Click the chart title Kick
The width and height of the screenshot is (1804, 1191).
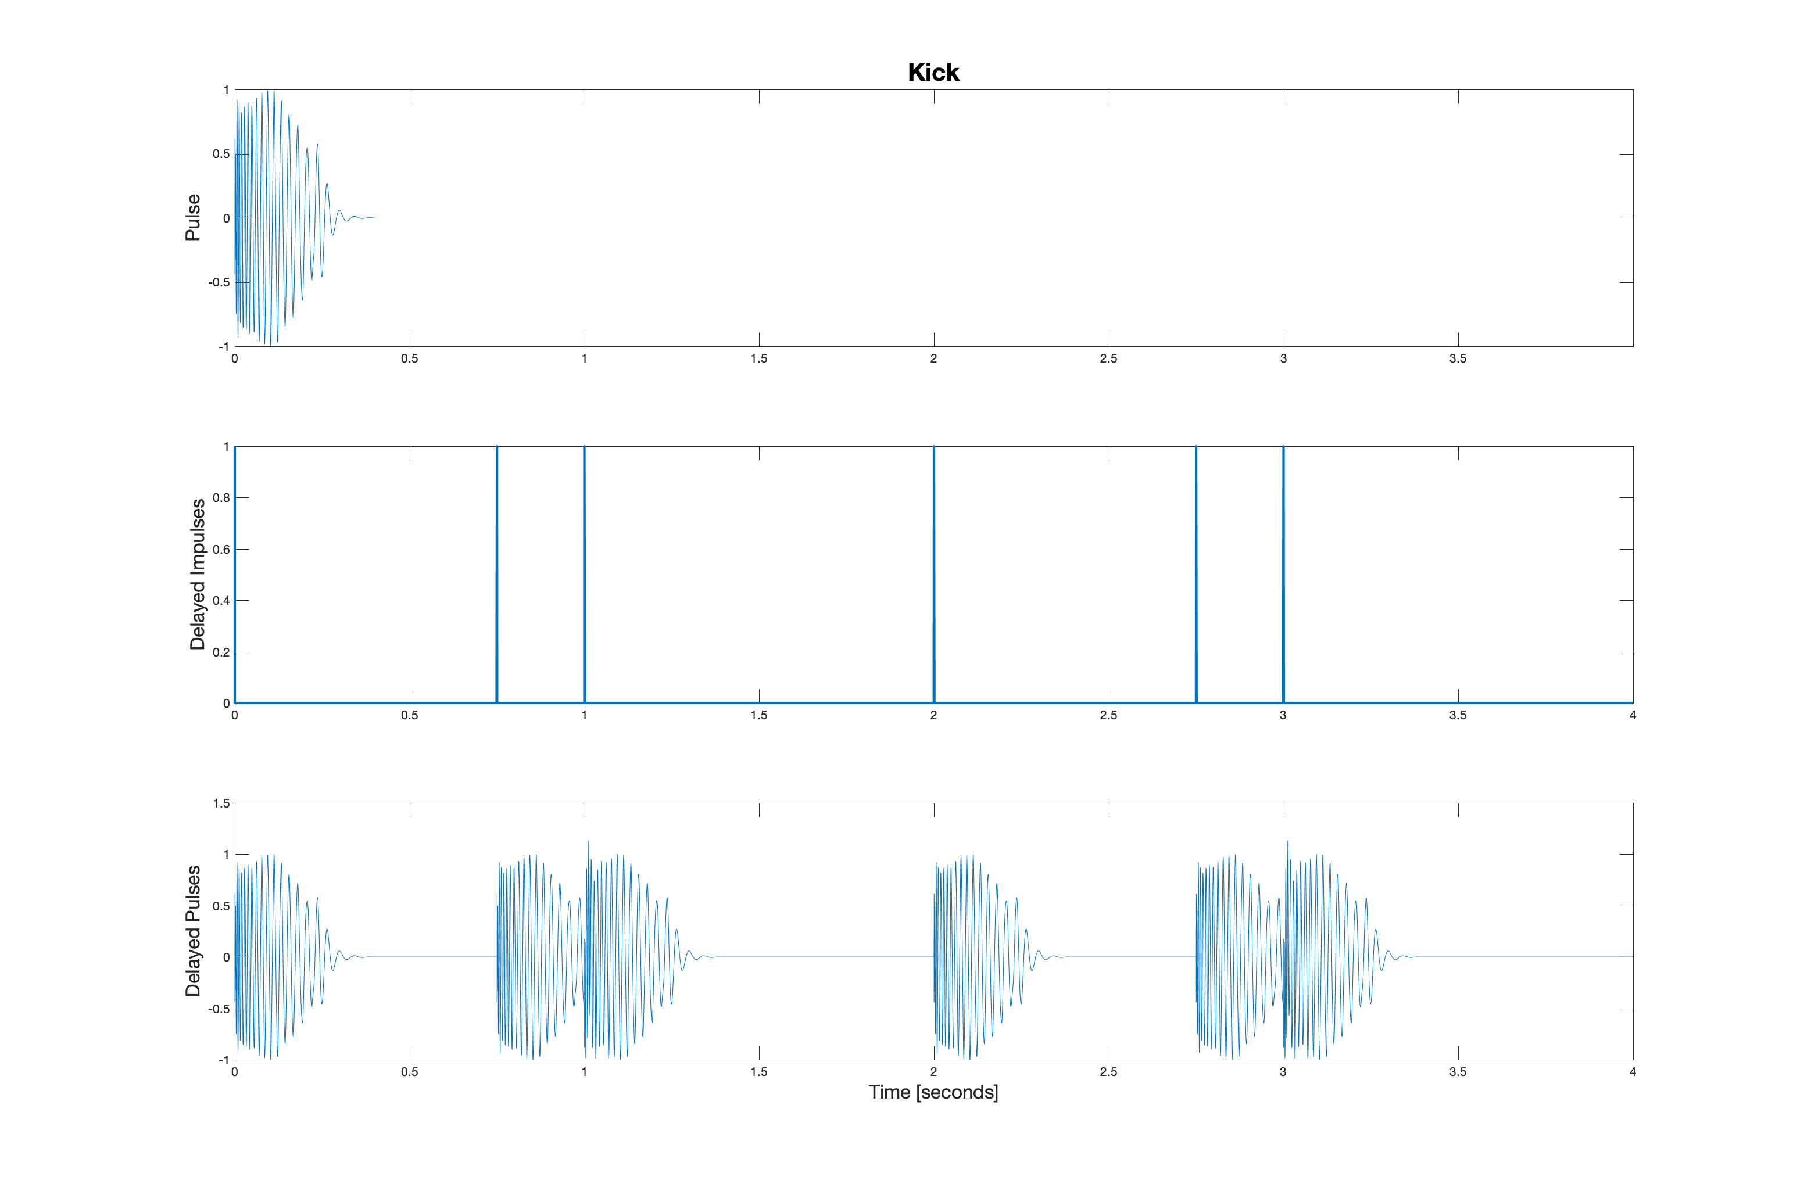(x=933, y=72)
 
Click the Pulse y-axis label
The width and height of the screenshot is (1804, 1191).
(x=193, y=218)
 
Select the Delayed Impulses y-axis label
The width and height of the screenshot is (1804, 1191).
(x=198, y=574)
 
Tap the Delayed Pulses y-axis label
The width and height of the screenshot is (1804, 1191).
(x=193, y=931)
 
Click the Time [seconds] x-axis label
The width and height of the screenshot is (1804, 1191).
(x=933, y=1092)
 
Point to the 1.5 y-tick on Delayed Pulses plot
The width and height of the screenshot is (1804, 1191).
(x=221, y=803)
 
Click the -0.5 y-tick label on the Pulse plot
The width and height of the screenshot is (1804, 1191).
(x=219, y=282)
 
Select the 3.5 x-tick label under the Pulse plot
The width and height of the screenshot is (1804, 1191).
(x=1458, y=358)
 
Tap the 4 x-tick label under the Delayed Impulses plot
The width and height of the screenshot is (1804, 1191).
(x=1633, y=716)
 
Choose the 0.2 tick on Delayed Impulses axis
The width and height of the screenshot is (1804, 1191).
(x=221, y=652)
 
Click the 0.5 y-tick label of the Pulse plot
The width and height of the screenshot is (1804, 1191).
(x=221, y=154)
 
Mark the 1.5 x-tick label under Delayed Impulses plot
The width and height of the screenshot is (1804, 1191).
(x=758, y=716)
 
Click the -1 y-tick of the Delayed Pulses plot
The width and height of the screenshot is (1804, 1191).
(x=223, y=1060)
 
